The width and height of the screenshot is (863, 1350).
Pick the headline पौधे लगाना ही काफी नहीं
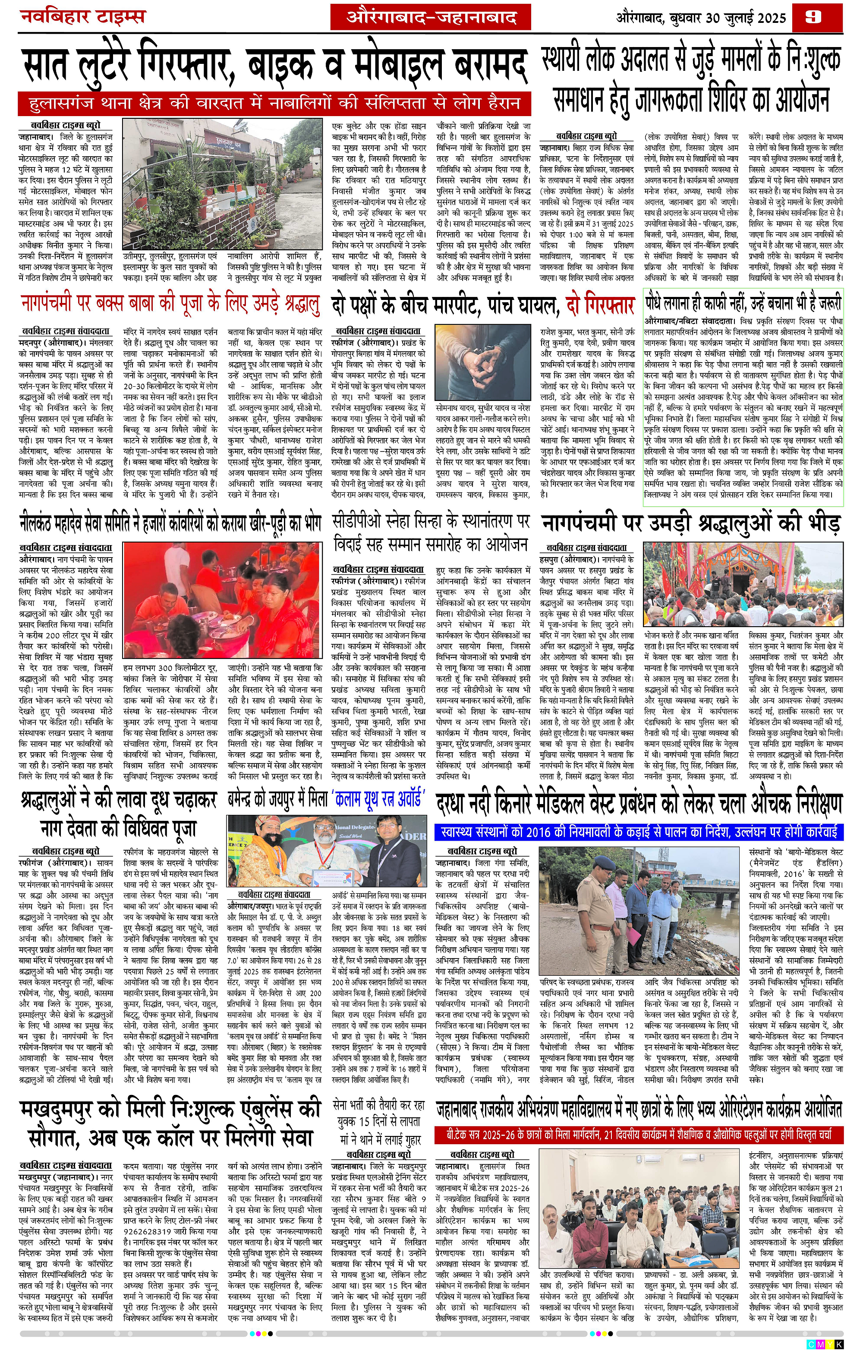[743, 303]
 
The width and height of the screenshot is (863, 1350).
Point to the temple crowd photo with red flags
[743, 585]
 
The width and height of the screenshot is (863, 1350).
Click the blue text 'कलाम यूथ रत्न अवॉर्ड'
[378, 798]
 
